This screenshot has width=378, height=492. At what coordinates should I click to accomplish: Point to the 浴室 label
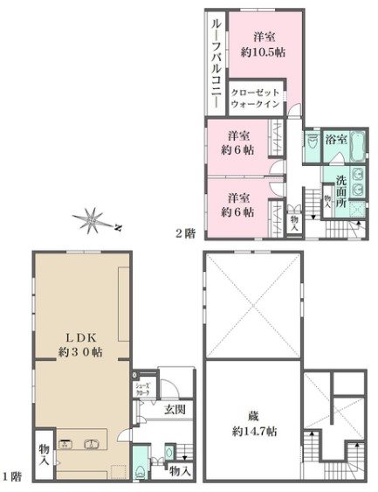pyautogui.click(x=336, y=139)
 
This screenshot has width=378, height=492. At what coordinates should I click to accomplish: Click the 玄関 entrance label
pyautogui.click(x=173, y=408)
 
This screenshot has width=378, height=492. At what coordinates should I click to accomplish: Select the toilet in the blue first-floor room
pyautogui.click(x=141, y=467)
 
